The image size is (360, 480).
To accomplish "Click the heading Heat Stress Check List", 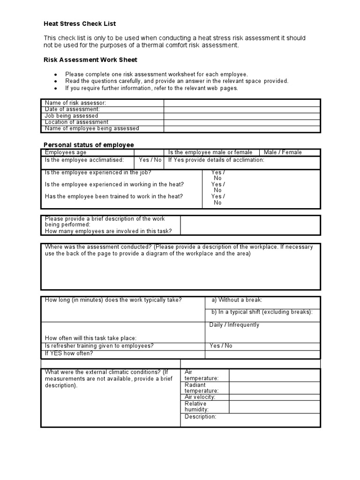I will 80,23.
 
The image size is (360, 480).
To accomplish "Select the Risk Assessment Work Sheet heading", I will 90,60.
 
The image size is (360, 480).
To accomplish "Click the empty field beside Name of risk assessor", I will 242,103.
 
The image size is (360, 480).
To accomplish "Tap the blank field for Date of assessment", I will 242,109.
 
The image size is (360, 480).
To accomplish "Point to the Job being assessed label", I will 71,116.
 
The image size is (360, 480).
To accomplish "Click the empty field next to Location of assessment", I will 242,122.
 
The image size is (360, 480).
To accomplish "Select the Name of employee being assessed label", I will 92,128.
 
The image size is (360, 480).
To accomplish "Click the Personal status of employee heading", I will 89,145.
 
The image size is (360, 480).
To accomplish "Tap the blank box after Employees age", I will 149,152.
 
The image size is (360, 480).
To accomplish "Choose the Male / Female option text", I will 283,152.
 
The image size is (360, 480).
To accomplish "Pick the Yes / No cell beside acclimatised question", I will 150,160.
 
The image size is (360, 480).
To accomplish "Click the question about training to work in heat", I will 114,196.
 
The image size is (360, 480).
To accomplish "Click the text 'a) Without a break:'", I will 237,300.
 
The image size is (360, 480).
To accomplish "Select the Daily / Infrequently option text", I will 234,325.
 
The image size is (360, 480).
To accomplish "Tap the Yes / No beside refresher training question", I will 221,346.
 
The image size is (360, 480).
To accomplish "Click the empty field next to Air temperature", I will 274,375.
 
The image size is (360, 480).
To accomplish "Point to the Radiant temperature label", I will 202,388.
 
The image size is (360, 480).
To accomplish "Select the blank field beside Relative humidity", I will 274,406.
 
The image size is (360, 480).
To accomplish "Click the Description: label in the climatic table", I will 201,417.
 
